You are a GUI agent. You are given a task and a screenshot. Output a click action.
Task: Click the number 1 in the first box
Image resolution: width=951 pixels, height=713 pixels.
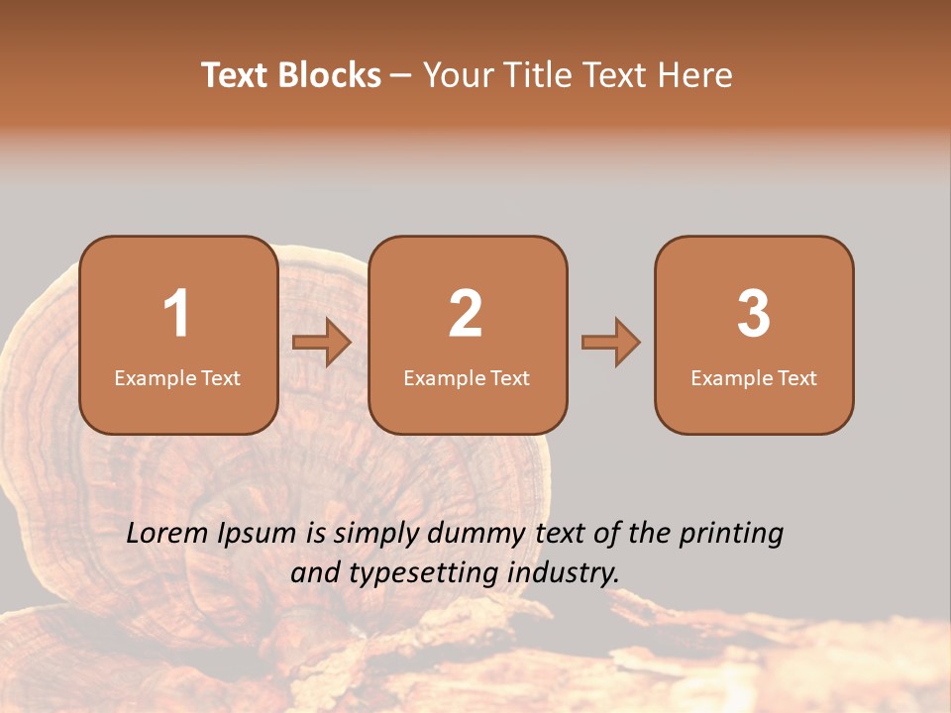pos(176,314)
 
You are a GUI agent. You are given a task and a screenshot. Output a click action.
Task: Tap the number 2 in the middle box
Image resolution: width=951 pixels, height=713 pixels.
pos(466,314)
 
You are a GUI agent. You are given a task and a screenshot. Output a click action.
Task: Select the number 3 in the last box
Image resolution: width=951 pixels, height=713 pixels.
pos(754,314)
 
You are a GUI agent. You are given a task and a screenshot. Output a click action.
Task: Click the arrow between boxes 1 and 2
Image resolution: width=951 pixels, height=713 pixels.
pos(322,343)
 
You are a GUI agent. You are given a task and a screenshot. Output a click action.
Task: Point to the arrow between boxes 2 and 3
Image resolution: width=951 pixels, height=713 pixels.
pos(611,343)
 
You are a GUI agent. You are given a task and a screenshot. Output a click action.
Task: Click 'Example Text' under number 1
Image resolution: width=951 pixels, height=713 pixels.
pos(177,378)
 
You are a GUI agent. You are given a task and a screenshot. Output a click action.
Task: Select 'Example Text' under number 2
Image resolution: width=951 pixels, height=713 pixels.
pos(467,378)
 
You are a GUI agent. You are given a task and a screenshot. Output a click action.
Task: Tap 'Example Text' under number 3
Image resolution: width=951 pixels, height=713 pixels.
pos(754,378)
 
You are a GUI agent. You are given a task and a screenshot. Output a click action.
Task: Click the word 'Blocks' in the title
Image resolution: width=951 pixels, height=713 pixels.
pos(329,75)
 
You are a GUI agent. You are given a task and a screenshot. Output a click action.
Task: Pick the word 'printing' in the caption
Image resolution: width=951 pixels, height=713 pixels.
pos(730,535)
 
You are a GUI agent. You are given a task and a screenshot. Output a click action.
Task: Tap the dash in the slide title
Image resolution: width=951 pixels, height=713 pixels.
pos(402,76)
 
